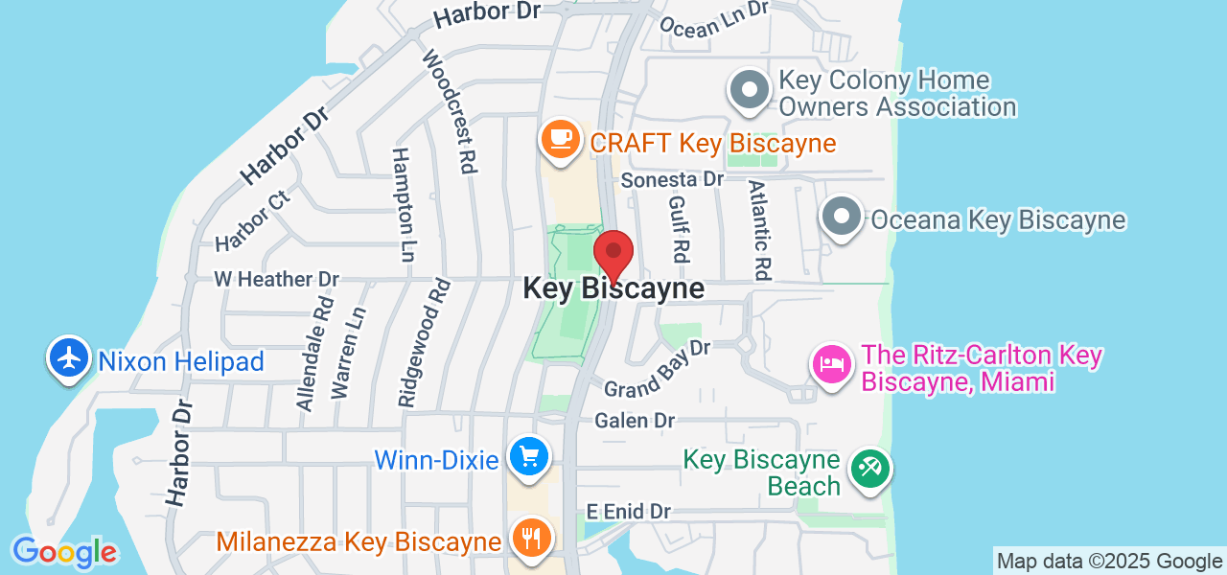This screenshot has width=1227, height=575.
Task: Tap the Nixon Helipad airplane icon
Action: (x=68, y=358)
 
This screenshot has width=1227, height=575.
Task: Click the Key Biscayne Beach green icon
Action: (x=869, y=470)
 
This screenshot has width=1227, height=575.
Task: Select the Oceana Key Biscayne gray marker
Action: (x=842, y=218)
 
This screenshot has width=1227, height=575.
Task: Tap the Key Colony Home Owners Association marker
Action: (x=750, y=91)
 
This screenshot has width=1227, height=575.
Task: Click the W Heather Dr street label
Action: (x=276, y=279)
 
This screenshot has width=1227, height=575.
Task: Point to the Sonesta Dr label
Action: (x=671, y=179)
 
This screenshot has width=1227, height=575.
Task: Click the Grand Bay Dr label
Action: (x=657, y=368)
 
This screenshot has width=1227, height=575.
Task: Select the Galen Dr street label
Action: (x=635, y=420)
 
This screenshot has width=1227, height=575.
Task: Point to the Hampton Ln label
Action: (x=405, y=205)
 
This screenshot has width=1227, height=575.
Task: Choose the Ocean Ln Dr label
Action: (x=715, y=19)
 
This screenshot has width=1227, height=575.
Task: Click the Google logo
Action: (x=64, y=552)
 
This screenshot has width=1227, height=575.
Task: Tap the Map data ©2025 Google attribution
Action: (x=1109, y=562)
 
